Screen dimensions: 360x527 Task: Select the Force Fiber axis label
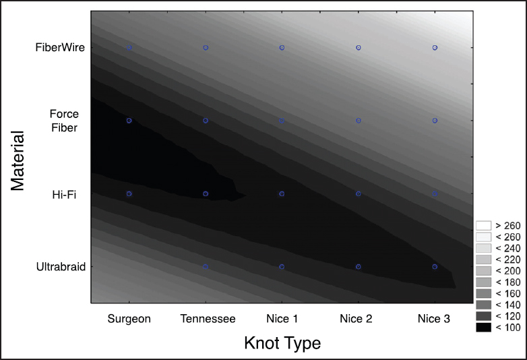click(x=64, y=121)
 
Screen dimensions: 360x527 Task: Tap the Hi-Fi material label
click(x=64, y=195)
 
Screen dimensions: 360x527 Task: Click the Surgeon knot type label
click(x=129, y=318)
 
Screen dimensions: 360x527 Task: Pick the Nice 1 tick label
click(x=282, y=318)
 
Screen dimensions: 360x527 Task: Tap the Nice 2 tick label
click(x=359, y=318)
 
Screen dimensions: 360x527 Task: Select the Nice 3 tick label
click(x=435, y=318)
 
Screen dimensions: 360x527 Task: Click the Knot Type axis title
click(x=282, y=343)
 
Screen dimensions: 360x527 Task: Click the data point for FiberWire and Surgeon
click(x=129, y=48)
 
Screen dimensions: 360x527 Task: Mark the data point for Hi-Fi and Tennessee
click(x=206, y=193)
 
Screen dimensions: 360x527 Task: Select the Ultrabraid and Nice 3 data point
click(x=435, y=266)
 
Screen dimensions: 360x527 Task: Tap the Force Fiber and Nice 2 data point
click(x=359, y=120)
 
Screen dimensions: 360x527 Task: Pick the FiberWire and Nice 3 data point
click(x=435, y=48)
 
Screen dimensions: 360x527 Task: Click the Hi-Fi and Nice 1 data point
click(x=282, y=193)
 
